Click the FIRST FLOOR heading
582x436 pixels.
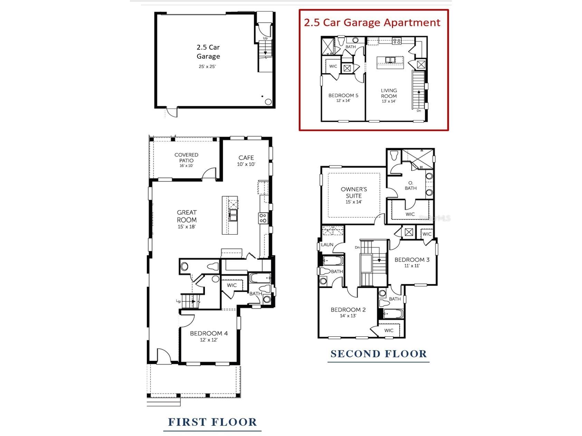point(212,422)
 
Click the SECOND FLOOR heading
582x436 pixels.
point(379,354)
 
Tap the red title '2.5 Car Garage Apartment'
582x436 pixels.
point(372,23)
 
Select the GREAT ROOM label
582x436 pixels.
point(187,216)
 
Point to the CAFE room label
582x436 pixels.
point(246,158)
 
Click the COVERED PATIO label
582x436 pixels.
point(186,158)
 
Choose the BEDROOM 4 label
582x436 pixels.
point(209,334)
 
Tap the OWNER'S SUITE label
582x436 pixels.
point(354,192)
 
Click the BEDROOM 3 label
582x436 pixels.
point(412,260)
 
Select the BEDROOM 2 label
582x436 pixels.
point(348,310)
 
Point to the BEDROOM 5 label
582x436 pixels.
point(343,96)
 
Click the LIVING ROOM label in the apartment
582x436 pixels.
point(389,93)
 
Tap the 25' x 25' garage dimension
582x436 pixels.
point(207,67)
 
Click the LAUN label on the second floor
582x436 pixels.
point(327,245)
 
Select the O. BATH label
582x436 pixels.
point(411,185)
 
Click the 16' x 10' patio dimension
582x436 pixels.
point(186,166)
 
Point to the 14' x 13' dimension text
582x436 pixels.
point(348,316)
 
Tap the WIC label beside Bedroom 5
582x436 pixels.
point(333,66)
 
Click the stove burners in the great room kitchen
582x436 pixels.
point(263,218)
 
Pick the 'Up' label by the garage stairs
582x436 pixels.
point(265,38)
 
